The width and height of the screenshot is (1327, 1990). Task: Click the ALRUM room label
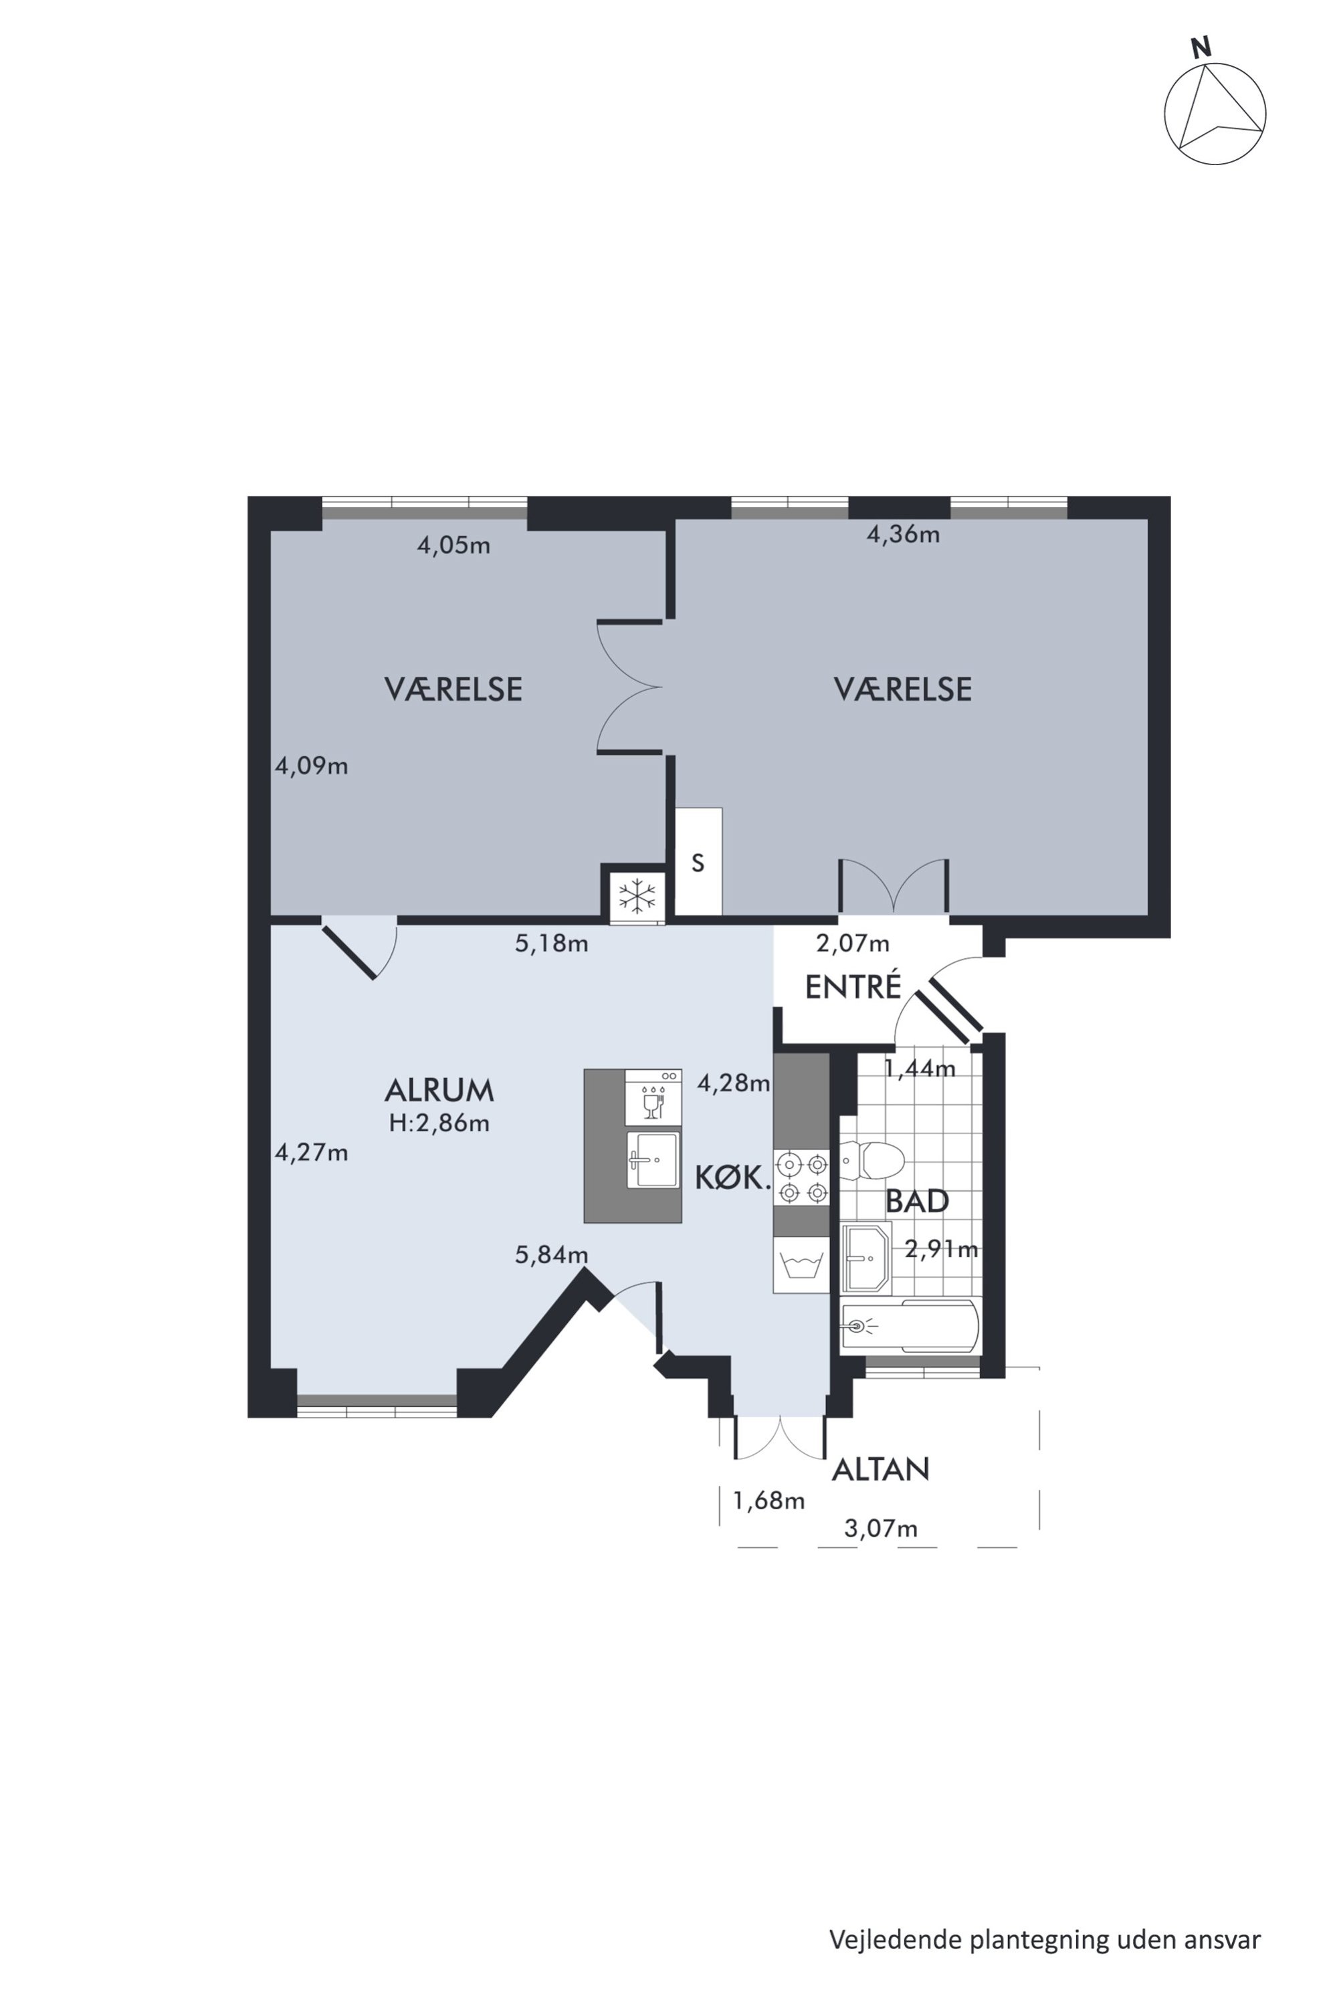(439, 1091)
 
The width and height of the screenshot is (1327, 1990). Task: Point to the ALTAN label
(880, 1470)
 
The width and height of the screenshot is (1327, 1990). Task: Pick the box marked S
(698, 861)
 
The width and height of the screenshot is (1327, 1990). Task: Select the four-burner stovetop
(801, 1177)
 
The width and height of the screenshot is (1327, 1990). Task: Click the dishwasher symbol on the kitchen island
(653, 1097)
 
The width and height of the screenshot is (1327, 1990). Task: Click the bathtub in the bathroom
(910, 1326)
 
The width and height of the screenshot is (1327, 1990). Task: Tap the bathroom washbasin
(865, 1258)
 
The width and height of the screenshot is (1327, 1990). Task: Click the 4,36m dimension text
(903, 535)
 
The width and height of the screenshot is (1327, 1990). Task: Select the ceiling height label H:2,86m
(439, 1123)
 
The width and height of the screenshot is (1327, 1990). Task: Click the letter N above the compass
(1200, 49)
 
